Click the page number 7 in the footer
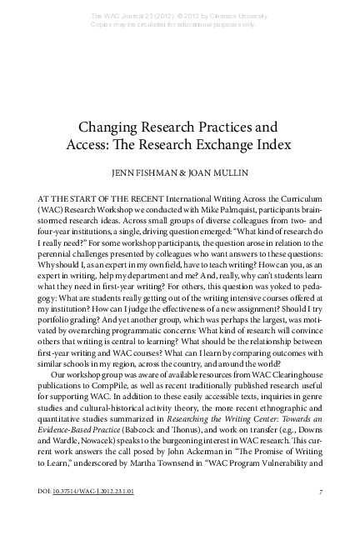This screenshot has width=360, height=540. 320,514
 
